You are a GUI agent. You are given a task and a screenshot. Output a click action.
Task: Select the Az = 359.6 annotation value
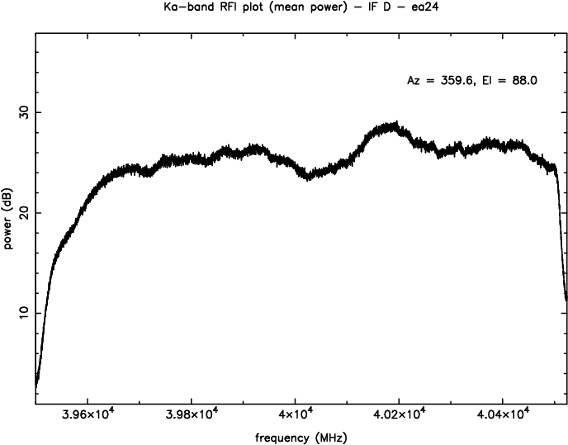click(438, 80)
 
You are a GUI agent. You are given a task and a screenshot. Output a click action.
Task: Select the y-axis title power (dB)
click(9, 219)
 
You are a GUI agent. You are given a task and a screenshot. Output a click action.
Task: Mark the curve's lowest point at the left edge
click(36, 386)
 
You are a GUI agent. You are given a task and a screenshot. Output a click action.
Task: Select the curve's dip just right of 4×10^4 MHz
click(308, 176)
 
